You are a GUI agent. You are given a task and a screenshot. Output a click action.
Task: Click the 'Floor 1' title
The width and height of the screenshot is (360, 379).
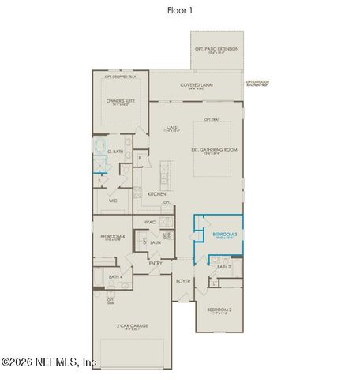click(x=180, y=11)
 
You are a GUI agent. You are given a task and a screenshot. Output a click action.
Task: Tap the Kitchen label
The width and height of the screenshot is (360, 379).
click(x=156, y=193)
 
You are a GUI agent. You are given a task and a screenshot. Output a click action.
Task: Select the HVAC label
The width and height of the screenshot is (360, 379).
click(x=149, y=223)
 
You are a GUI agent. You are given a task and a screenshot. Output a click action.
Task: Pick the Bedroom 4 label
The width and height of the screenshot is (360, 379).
click(x=113, y=236)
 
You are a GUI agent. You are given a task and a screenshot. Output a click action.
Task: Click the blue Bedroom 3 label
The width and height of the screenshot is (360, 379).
click(x=225, y=235)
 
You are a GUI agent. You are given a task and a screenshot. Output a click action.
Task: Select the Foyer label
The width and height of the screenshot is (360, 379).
click(x=182, y=280)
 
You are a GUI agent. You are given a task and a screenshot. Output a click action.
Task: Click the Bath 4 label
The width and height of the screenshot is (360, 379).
click(x=114, y=276)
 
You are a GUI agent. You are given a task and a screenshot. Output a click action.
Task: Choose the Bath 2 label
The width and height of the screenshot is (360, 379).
click(x=225, y=267)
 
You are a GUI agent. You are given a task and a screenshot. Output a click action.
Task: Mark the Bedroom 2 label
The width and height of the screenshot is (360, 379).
click(x=219, y=310)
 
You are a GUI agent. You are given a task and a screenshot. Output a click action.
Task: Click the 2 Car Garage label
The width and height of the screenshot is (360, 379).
click(x=133, y=325)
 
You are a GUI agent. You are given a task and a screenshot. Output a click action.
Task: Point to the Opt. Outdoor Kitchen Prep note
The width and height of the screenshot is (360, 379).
click(x=257, y=82)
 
